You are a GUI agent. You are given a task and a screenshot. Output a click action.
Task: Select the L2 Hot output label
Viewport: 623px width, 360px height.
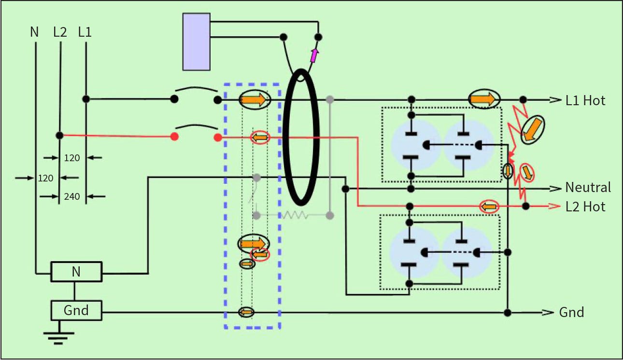pyautogui.click(x=585, y=207)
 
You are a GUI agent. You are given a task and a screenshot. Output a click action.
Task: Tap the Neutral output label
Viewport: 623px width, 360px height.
pyautogui.click(x=588, y=187)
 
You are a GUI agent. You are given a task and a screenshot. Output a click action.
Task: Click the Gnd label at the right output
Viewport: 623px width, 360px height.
pyautogui.click(x=571, y=312)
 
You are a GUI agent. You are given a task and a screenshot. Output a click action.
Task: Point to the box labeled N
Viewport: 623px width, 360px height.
pyautogui.click(x=76, y=272)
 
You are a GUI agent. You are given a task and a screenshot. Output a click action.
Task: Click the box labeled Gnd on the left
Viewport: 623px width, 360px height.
pyautogui.click(x=76, y=310)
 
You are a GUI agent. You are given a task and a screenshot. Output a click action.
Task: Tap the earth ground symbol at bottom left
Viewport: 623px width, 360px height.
pyautogui.click(x=59, y=337)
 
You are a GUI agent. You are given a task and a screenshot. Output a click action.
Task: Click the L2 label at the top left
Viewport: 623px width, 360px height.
pyautogui.click(x=60, y=32)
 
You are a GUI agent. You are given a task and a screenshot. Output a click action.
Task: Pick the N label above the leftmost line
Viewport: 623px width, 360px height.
pyautogui.click(x=34, y=32)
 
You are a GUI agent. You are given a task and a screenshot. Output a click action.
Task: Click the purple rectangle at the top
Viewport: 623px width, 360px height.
pyautogui.click(x=197, y=42)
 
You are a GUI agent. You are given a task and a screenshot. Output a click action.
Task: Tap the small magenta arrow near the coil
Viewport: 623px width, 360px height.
pyautogui.click(x=314, y=55)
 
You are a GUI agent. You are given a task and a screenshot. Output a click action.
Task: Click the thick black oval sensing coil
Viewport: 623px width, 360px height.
pyautogui.click(x=301, y=138)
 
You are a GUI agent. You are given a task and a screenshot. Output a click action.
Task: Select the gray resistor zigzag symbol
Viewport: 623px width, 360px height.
pyautogui.click(x=295, y=215)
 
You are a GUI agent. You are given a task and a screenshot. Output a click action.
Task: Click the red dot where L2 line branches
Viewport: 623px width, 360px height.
pyautogui.click(x=59, y=136)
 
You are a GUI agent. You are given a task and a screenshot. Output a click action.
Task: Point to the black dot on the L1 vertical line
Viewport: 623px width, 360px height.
pyautogui.click(x=85, y=99)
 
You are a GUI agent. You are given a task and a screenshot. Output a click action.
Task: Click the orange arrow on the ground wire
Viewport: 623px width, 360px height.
pyautogui.click(x=246, y=312)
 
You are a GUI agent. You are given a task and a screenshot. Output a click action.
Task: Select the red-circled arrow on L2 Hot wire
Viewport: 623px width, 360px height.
pyautogui.click(x=489, y=207)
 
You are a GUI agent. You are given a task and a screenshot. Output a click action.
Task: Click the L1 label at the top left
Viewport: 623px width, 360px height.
pyautogui.click(x=85, y=32)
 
